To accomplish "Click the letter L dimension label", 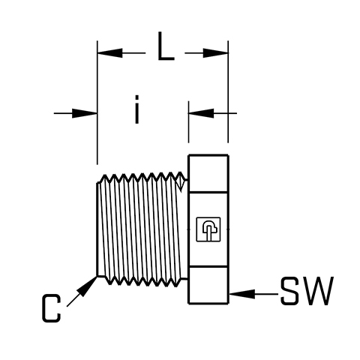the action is (166, 46).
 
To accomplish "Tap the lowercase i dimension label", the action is (136, 109).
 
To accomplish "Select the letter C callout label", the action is (52, 308).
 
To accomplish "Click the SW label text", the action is (307, 291).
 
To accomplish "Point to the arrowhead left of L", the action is (110, 53).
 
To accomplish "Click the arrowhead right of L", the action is (215, 53).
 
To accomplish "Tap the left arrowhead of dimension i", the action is (85, 113).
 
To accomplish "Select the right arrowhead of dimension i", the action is (201, 113).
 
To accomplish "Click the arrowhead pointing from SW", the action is (242, 294).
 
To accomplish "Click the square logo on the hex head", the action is (208, 229).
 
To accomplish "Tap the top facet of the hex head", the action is (208, 173).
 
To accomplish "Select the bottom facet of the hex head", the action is (208, 286).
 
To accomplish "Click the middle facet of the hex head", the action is (208, 229).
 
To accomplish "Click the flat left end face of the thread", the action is (97, 229).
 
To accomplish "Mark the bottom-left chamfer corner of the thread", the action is (97, 276).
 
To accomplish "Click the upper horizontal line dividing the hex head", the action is (208, 192).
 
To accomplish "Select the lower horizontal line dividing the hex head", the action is (208, 267).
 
